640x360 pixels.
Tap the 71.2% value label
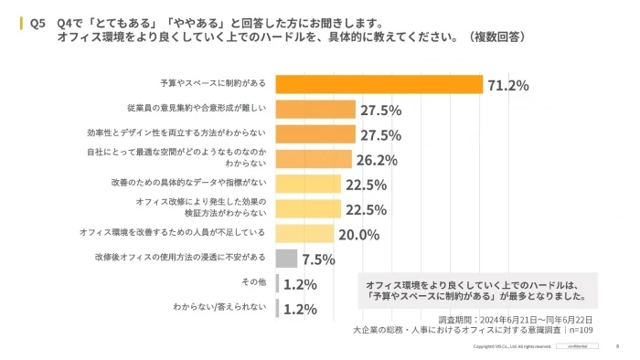pyautogui.click(x=507, y=86)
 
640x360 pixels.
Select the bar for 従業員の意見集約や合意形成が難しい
pyautogui.click(x=315, y=110)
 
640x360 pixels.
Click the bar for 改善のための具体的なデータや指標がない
pyautogui.click(x=308, y=184)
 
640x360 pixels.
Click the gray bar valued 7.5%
pyautogui.click(x=285, y=259)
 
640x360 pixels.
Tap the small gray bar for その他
pyautogui.click(x=277, y=283)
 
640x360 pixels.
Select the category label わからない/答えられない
pyautogui.click(x=219, y=308)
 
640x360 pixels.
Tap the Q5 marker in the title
pyautogui.click(x=38, y=21)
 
